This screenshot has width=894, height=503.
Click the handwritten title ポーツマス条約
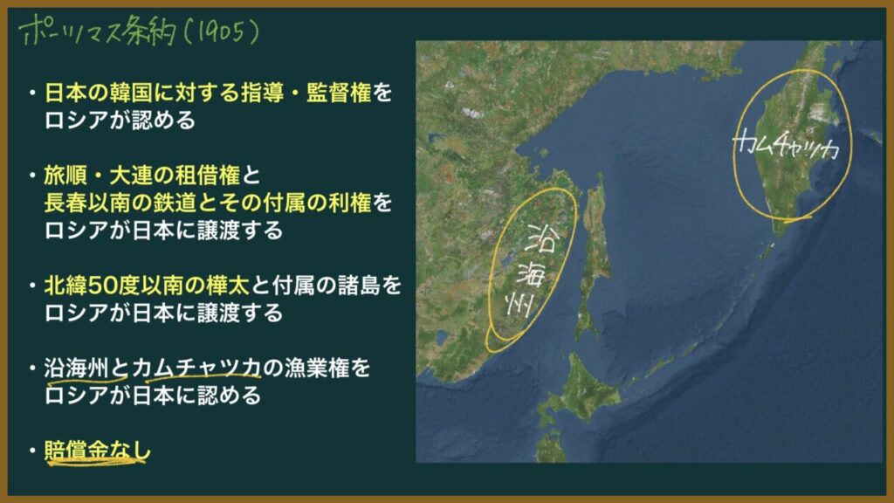tap(98, 31)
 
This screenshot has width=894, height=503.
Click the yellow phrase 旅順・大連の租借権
tap(142, 176)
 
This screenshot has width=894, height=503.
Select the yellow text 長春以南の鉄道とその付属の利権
tap(208, 203)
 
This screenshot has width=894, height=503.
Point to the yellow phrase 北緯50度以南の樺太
tap(147, 286)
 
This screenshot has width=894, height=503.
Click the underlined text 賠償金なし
tap(98, 451)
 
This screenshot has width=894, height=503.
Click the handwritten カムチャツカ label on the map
tap(786, 145)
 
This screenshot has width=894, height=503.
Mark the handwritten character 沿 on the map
tap(540, 238)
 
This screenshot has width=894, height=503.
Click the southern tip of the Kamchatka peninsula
tap(779, 235)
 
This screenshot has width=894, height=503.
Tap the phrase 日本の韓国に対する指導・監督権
tap(208, 93)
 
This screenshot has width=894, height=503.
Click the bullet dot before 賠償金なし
tap(33, 451)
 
